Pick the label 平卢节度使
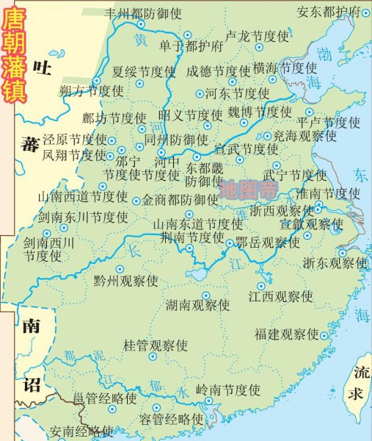(328, 122)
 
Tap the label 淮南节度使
(328, 193)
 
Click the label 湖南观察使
(197, 304)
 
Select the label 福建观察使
(287, 334)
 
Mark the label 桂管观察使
(155, 345)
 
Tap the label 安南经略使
(81, 431)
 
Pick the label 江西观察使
(280, 296)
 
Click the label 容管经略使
(170, 419)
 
